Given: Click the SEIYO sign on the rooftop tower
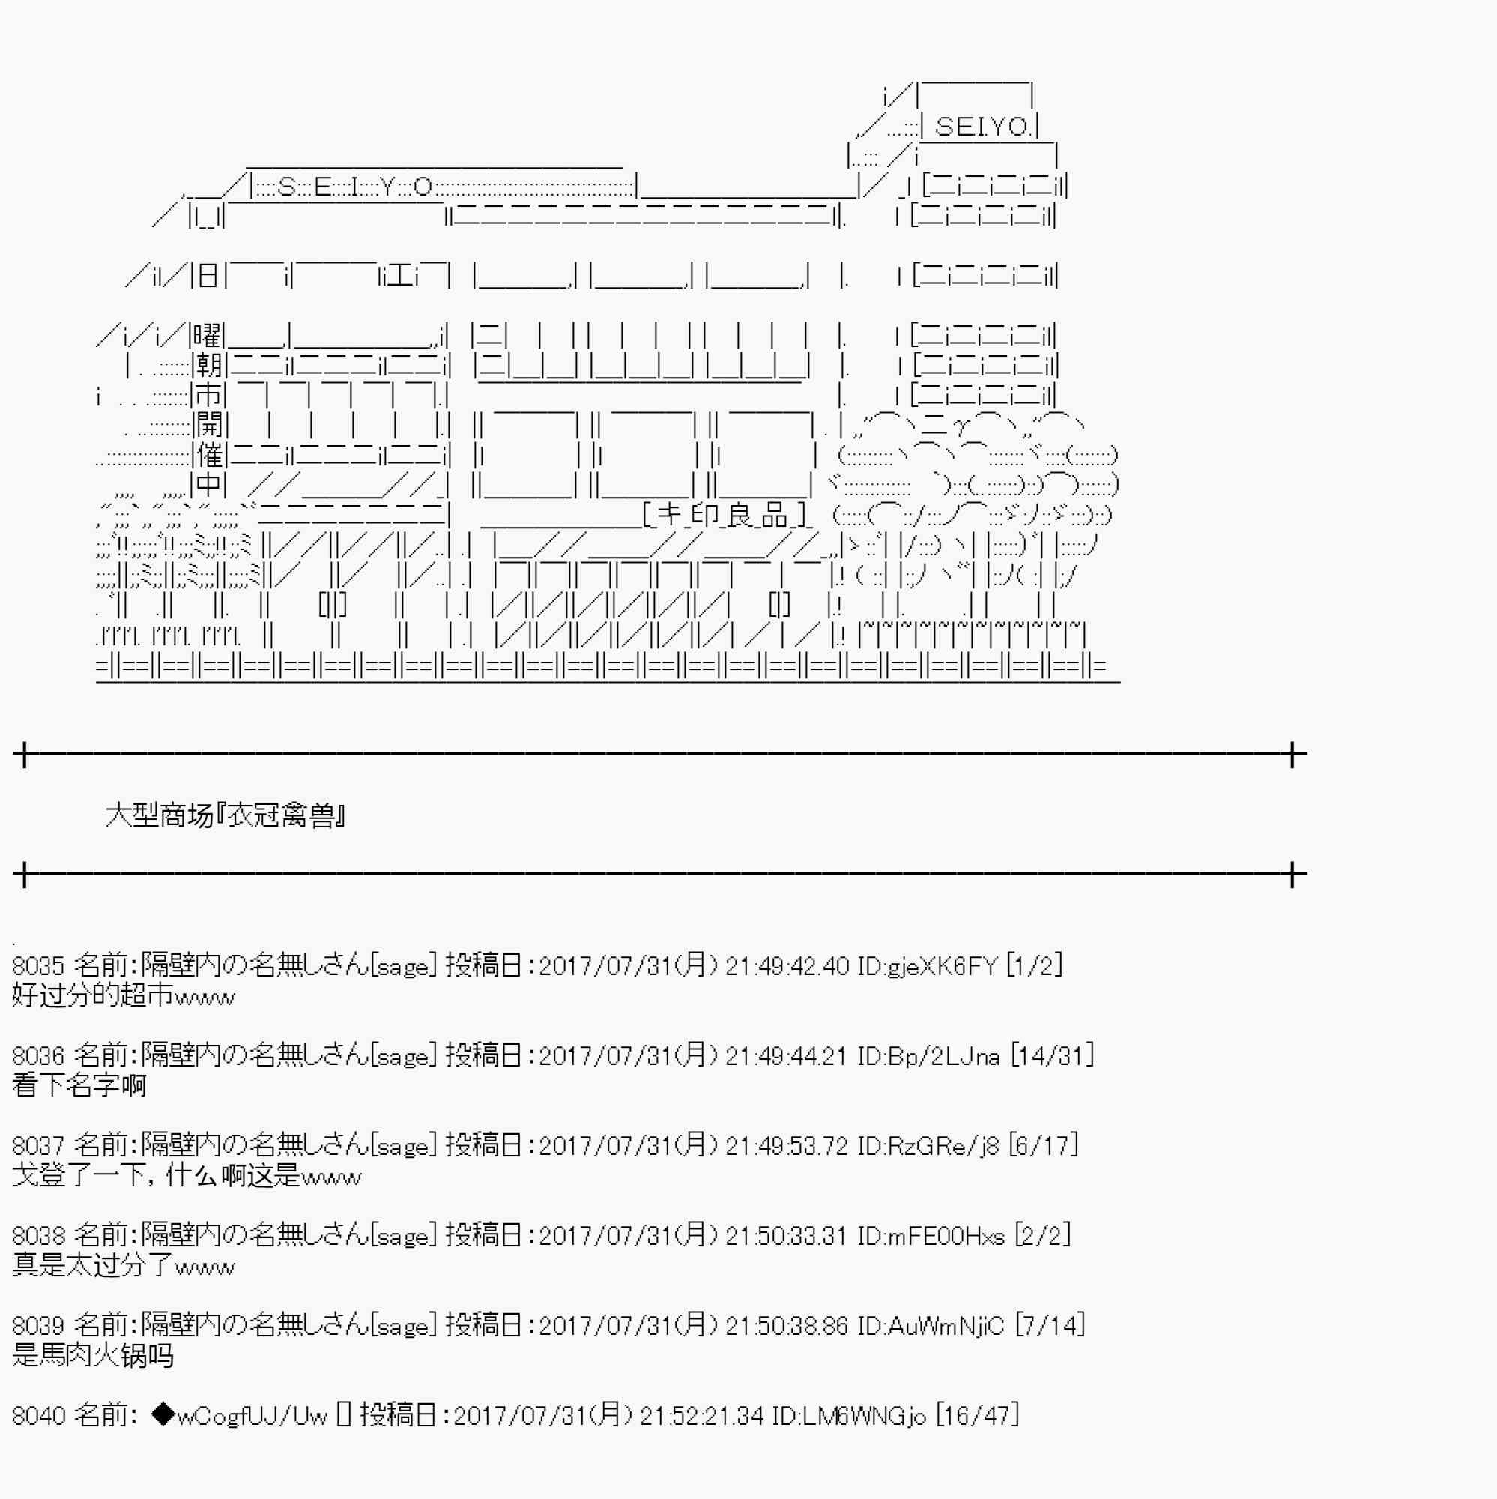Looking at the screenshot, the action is point(983,126).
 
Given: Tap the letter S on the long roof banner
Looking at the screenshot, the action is point(286,186).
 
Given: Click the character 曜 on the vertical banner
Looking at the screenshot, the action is point(207,336).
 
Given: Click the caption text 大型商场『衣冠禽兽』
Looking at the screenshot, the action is point(226,815).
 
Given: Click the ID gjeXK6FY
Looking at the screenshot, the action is point(927,966).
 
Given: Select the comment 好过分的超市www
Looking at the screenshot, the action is point(124,995).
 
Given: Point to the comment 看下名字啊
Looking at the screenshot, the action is point(79,1085).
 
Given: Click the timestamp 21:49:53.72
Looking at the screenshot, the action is point(787,1145).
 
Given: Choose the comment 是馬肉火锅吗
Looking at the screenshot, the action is point(93,1354).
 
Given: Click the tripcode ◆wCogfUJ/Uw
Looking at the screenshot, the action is point(241,1415).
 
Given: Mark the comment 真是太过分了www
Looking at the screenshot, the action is point(124,1265).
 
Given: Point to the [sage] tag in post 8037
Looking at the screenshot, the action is point(404,1146).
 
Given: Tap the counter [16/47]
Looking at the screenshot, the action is point(977,1415).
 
